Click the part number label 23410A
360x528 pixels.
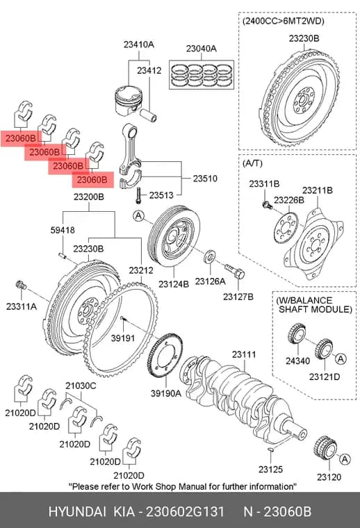[x=138, y=44]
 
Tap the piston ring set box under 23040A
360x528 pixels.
[x=202, y=75]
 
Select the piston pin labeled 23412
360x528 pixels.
[x=149, y=115]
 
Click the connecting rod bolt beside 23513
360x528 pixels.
[x=138, y=196]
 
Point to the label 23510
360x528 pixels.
[x=205, y=179]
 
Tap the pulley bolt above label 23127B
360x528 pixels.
[x=234, y=271]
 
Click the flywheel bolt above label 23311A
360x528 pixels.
[x=22, y=285]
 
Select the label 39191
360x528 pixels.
[x=123, y=338]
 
